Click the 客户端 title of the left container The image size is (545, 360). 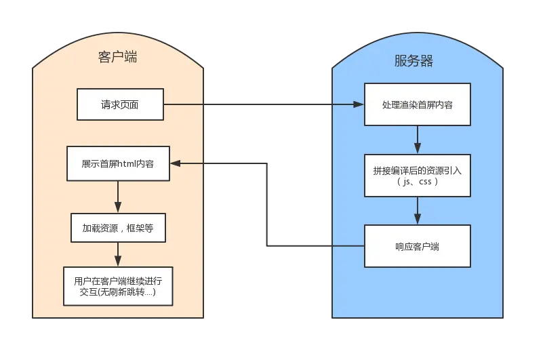pos(117,58)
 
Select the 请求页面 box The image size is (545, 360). pos(121,105)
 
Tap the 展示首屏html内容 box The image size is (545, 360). pos(118,163)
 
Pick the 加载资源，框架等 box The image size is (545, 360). pos(118,228)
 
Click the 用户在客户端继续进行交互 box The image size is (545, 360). pos(118,285)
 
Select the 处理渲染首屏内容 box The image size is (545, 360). pos(417,105)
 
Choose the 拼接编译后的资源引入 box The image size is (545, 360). pos(417,176)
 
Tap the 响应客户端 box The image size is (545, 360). pos(417,246)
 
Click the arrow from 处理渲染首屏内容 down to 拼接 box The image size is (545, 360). pos(417,139)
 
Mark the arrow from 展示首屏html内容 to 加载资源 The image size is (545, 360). pos(118,197)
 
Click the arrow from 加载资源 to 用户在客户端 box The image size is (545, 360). pos(118,255)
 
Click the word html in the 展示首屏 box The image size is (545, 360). pos(127,164)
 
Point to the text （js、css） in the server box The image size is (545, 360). pos(417,182)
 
